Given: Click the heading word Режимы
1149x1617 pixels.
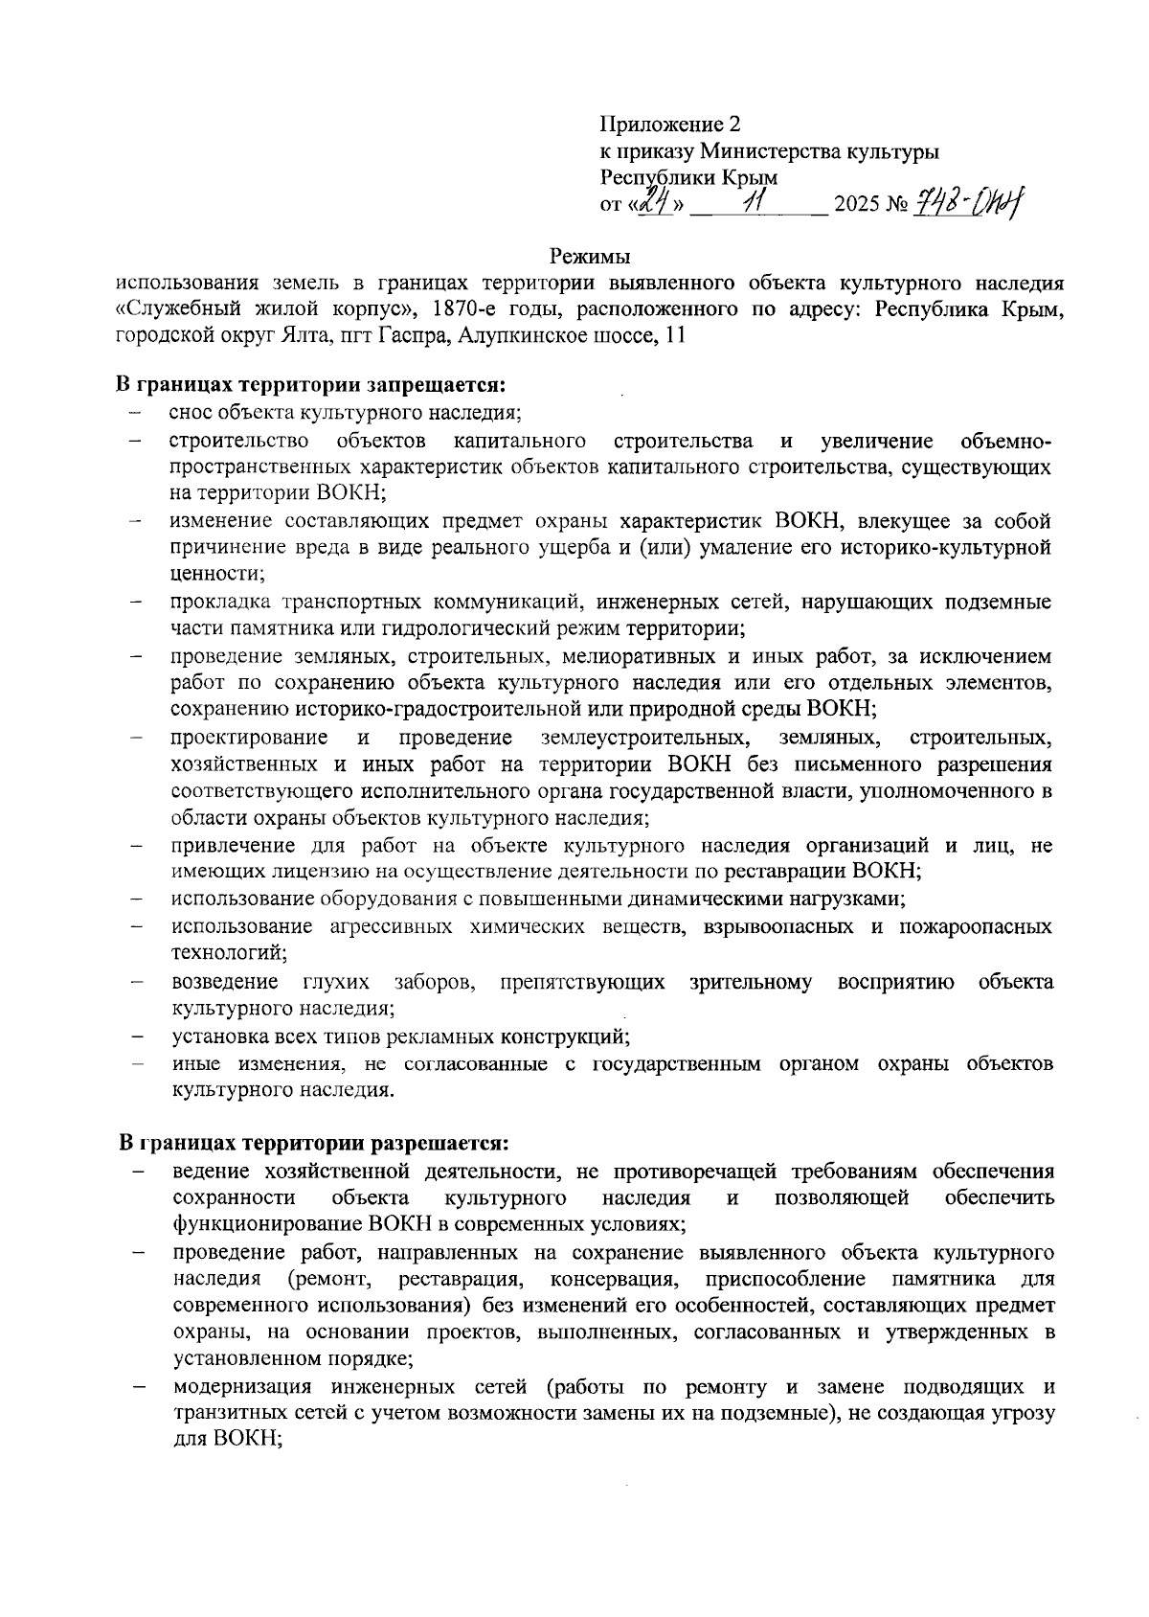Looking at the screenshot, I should pyautogui.click(x=590, y=257).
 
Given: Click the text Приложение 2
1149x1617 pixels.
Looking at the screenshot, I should pyautogui.click(x=669, y=125).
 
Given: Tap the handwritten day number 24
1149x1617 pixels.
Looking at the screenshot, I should pyautogui.click(x=656, y=202).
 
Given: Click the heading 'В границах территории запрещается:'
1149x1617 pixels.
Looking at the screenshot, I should pyautogui.click(x=310, y=385).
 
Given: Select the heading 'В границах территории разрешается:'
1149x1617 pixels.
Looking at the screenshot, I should pyautogui.click(x=314, y=1144).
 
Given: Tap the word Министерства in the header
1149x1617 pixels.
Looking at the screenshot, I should pyautogui.click(x=765, y=151).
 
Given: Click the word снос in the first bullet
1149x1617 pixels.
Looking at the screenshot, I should pyautogui.click(x=190, y=413).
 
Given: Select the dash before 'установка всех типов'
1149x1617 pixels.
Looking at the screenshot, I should pyautogui.click(x=137, y=1036).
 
